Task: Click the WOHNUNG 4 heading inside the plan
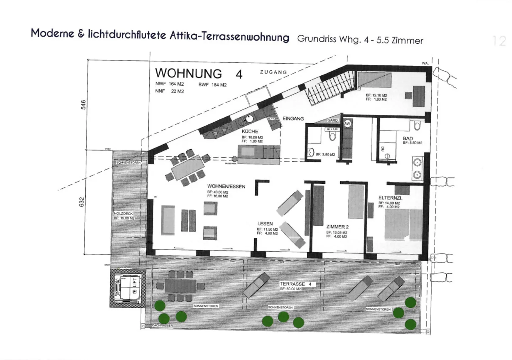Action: coord(199,74)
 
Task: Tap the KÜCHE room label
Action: coord(250,131)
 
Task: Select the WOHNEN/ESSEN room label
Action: coord(226,186)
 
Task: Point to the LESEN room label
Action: coord(265,224)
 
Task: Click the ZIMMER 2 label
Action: coord(337,227)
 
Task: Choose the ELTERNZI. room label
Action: coord(390,198)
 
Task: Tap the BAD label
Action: coord(408,138)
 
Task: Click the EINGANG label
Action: coord(293,119)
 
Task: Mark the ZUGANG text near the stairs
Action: coord(273,72)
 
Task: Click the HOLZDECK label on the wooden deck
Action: coord(123,214)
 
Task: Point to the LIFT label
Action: coord(134,283)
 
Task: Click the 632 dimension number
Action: coord(82,202)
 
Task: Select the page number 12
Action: coord(499,41)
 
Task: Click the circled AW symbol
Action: coord(347,124)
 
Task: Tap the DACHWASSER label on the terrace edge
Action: coord(162,325)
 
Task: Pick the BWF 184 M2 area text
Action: coord(212,85)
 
